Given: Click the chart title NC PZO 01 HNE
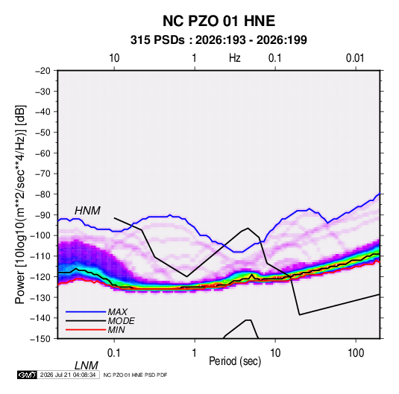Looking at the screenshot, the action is point(219,21).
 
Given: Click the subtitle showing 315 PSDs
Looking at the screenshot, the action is point(219,40).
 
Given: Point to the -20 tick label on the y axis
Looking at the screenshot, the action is point(43,71).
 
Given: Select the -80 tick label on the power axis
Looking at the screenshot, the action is point(43,194).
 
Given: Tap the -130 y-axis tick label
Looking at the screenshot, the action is point(40,297).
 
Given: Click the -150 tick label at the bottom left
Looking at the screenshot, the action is point(40,339).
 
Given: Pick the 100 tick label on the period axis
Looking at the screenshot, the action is point(356,353).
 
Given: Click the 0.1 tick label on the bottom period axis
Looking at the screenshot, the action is point(114,353).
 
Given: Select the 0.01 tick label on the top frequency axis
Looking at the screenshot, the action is point(355,58).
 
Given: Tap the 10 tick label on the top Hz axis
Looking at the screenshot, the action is point(114,58).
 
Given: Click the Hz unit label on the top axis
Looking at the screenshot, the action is point(235,58).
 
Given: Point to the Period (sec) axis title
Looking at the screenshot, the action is point(235,361).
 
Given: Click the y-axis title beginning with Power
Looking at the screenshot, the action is point(20,205).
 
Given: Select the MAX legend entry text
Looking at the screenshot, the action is point(117,312).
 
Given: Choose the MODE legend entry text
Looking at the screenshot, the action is point(121,321).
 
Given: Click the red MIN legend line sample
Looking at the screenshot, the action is point(86,330).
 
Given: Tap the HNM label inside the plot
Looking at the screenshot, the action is point(87,211).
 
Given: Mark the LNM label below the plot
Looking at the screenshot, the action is point(86,366).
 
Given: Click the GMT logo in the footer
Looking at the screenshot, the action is point(27,375).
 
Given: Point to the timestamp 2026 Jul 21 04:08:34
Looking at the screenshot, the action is point(68,375).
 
